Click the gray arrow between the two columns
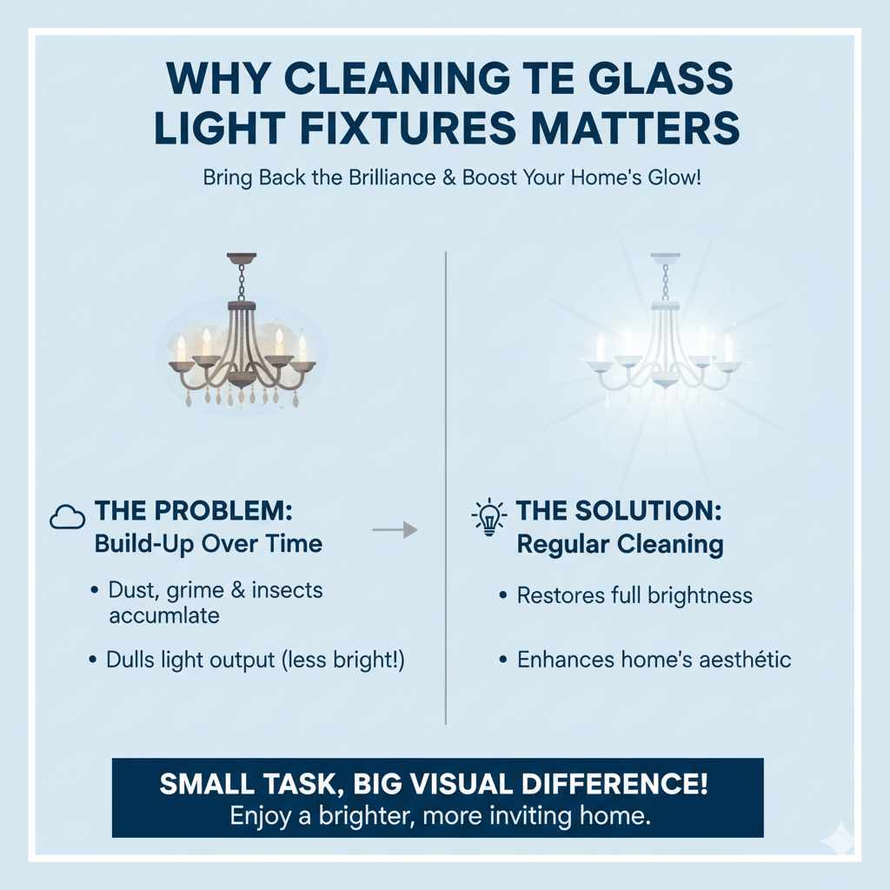click(x=395, y=529)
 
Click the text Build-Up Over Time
click(x=208, y=544)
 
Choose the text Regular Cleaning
click(x=620, y=545)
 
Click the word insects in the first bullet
click(x=287, y=590)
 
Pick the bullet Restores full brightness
click(x=634, y=595)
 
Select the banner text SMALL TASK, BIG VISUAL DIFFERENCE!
click(x=434, y=785)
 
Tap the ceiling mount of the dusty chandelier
click(x=242, y=258)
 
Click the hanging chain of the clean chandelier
click(x=666, y=282)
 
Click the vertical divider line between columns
click(x=446, y=487)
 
